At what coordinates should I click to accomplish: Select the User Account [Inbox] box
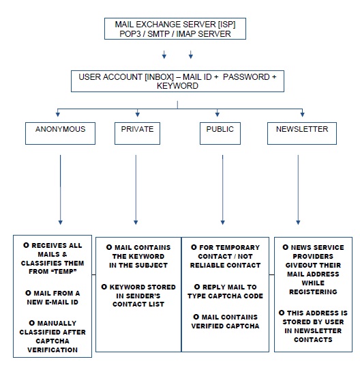pyautogui.click(x=177, y=81)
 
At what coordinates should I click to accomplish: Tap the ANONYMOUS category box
pyautogui.click(x=61, y=133)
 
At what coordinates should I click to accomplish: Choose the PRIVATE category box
pyautogui.click(x=136, y=133)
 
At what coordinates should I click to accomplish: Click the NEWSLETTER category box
pyautogui.click(x=301, y=133)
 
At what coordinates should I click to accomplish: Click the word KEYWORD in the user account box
pyautogui.click(x=177, y=87)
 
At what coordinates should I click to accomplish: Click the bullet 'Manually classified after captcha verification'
pyautogui.click(x=56, y=334)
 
